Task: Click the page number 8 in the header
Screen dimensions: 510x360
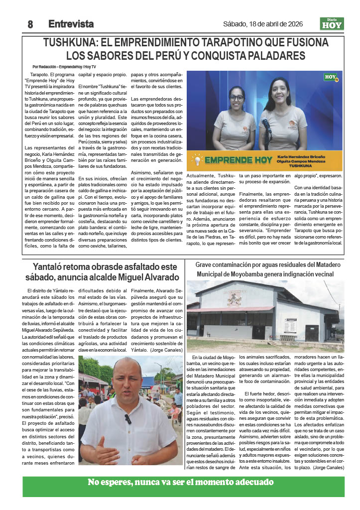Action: coord(30,24)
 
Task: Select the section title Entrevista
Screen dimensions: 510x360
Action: coord(71,24)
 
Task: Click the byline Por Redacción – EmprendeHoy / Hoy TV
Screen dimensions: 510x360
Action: coord(64,67)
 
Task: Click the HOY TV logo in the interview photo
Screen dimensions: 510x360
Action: coord(330,78)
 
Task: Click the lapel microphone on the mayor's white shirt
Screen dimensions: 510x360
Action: coord(128,419)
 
